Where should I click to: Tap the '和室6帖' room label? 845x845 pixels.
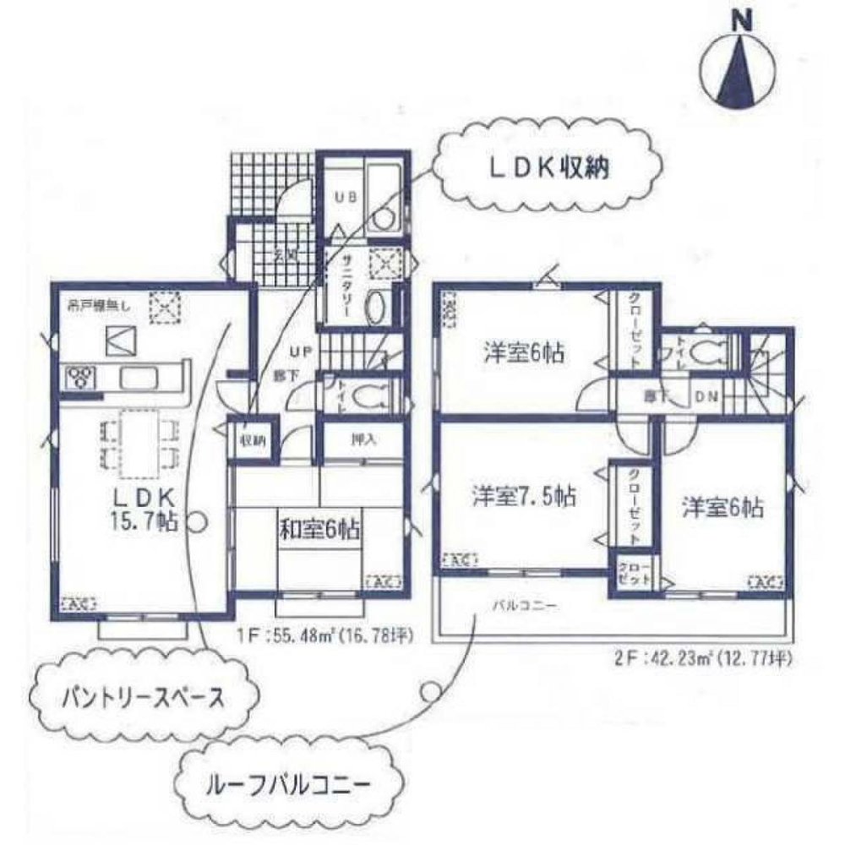319,530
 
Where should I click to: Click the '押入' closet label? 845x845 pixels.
363,440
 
